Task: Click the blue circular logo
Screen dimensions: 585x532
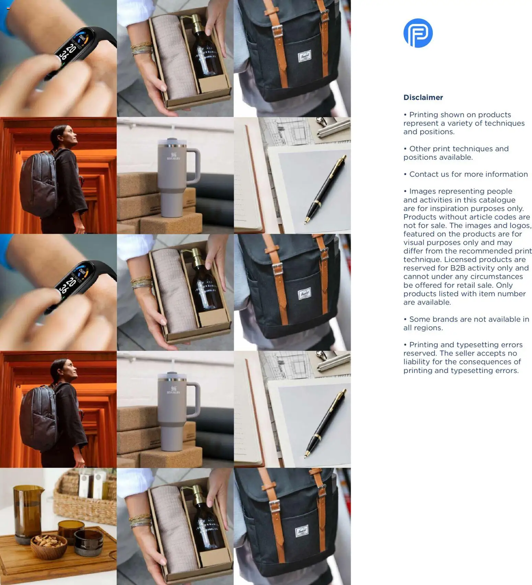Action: coord(418,33)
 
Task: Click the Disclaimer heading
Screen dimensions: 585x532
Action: coord(423,97)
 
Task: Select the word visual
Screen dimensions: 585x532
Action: coord(414,243)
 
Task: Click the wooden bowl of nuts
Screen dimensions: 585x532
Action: coord(49,546)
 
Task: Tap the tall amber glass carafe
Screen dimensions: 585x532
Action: coord(27,511)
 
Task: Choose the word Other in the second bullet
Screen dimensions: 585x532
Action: coord(419,149)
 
